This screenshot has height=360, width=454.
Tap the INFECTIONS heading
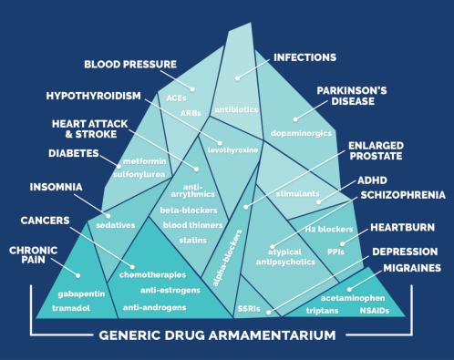[305, 57]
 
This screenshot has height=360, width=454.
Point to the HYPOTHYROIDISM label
[95, 96]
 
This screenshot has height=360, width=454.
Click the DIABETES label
[73, 154]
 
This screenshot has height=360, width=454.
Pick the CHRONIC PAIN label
[34, 255]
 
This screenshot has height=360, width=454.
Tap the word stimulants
[298, 194]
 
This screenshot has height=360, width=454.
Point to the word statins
[193, 240]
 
